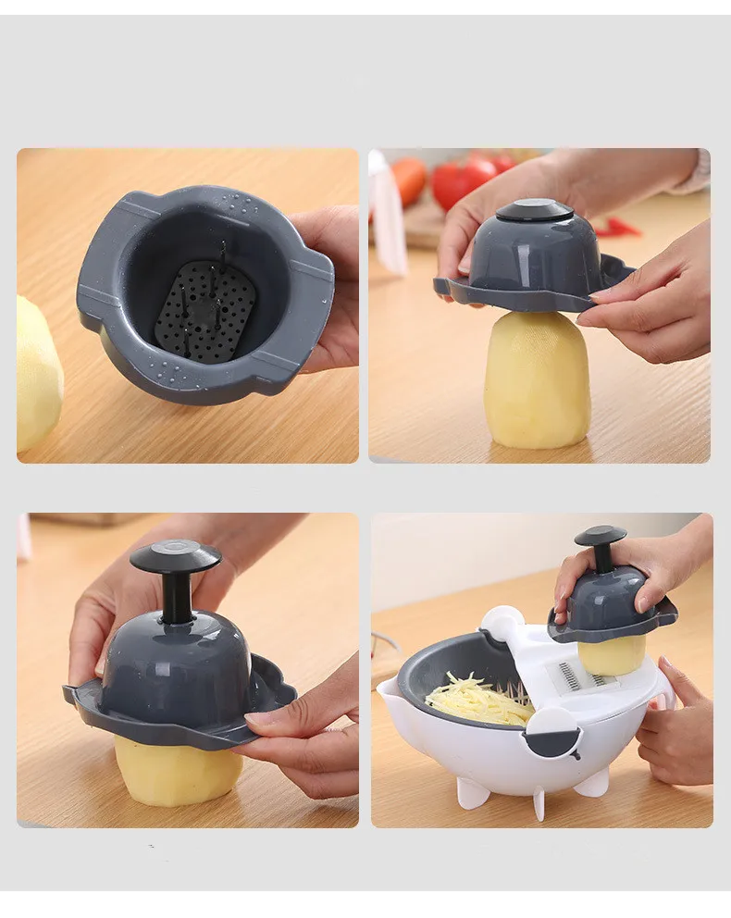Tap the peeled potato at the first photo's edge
[x=37, y=374]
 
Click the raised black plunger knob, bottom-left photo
[x=175, y=557]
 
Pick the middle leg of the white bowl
[x=539, y=802]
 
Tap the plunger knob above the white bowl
[x=600, y=536]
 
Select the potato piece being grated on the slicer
[x=611, y=654]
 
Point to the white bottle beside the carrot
[x=386, y=213]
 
